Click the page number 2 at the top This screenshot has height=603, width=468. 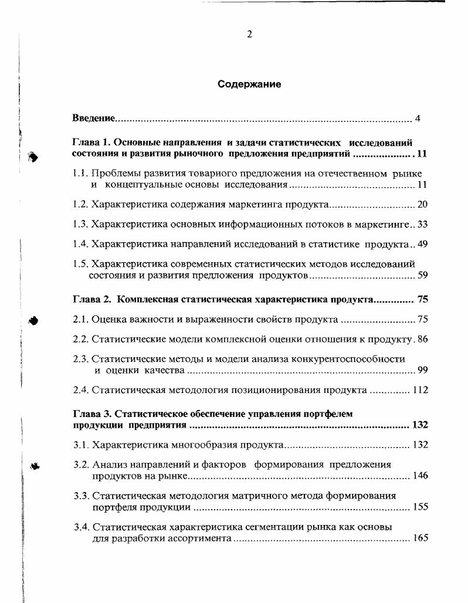[249, 35]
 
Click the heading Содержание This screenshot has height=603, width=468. [249, 84]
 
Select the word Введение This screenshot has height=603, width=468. [93, 119]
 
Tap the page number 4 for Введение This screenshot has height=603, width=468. [418, 119]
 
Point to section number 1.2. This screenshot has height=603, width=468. [80, 205]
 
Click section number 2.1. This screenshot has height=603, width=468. [80, 320]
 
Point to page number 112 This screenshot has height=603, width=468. [420, 390]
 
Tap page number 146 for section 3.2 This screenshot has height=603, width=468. [420, 476]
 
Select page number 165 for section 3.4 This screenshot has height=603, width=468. [420, 538]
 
